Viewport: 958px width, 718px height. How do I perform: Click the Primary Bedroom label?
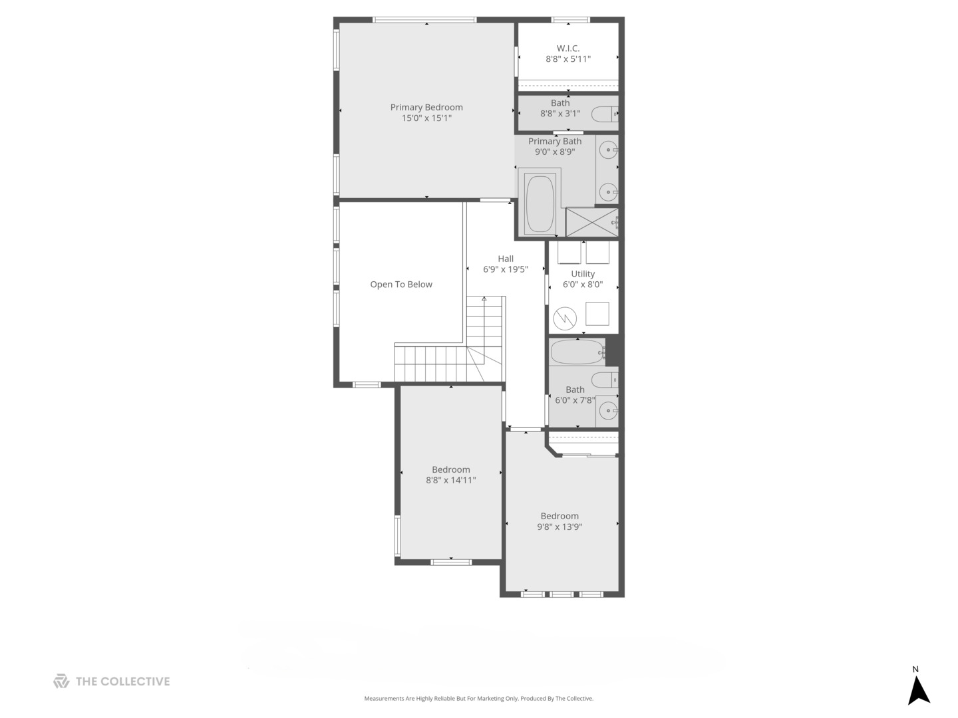tap(426, 107)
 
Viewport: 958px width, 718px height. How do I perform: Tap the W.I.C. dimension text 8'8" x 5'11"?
tap(568, 59)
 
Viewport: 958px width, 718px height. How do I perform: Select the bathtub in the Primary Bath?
tap(540, 203)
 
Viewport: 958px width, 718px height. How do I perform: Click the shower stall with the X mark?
tap(591, 222)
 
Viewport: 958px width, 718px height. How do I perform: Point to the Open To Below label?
tap(401, 285)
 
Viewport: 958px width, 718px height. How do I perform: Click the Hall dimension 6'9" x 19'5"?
tap(506, 270)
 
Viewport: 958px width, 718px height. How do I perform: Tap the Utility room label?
tap(583, 274)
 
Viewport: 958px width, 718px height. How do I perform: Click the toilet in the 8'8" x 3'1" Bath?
tap(605, 115)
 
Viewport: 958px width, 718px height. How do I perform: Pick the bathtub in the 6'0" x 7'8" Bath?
tap(577, 352)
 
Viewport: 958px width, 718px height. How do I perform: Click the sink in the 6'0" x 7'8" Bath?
tap(608, 411)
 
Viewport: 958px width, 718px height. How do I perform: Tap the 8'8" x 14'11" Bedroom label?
tap(451, 469)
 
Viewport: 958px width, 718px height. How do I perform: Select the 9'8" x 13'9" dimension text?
tap(559, 527)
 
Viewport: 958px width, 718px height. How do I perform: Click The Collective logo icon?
tap(61, 681)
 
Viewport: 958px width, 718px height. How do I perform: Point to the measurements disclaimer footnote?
tap(478, 699)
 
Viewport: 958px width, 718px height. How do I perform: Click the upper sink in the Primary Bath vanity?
tap(608, 150)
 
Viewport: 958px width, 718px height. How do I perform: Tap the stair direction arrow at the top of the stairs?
tap(484, 299)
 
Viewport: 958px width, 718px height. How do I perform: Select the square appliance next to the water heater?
tap(597, 314)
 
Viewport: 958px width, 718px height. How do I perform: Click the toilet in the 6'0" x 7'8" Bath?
tap(605, 380)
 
